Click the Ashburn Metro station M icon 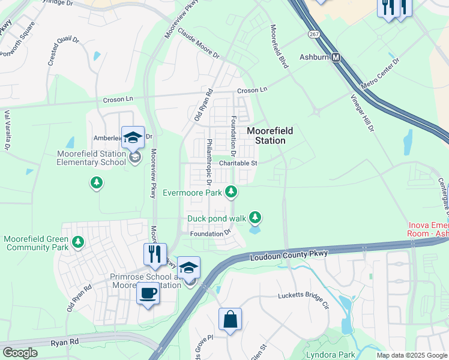(x=337, y=58)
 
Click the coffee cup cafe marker (x=148, y=294)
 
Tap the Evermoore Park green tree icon (x=232, y=193)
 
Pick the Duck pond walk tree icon (x=256, y=217)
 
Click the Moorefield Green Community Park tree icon (x=77, y=242)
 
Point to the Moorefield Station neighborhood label (x=266, y=135)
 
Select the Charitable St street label (x=238, y=163)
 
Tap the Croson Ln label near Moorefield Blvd (x=252, y=90)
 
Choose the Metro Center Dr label (x=380, y=72)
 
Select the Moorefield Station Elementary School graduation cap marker (x=133, y=137)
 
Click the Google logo (x=20, y=353)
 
